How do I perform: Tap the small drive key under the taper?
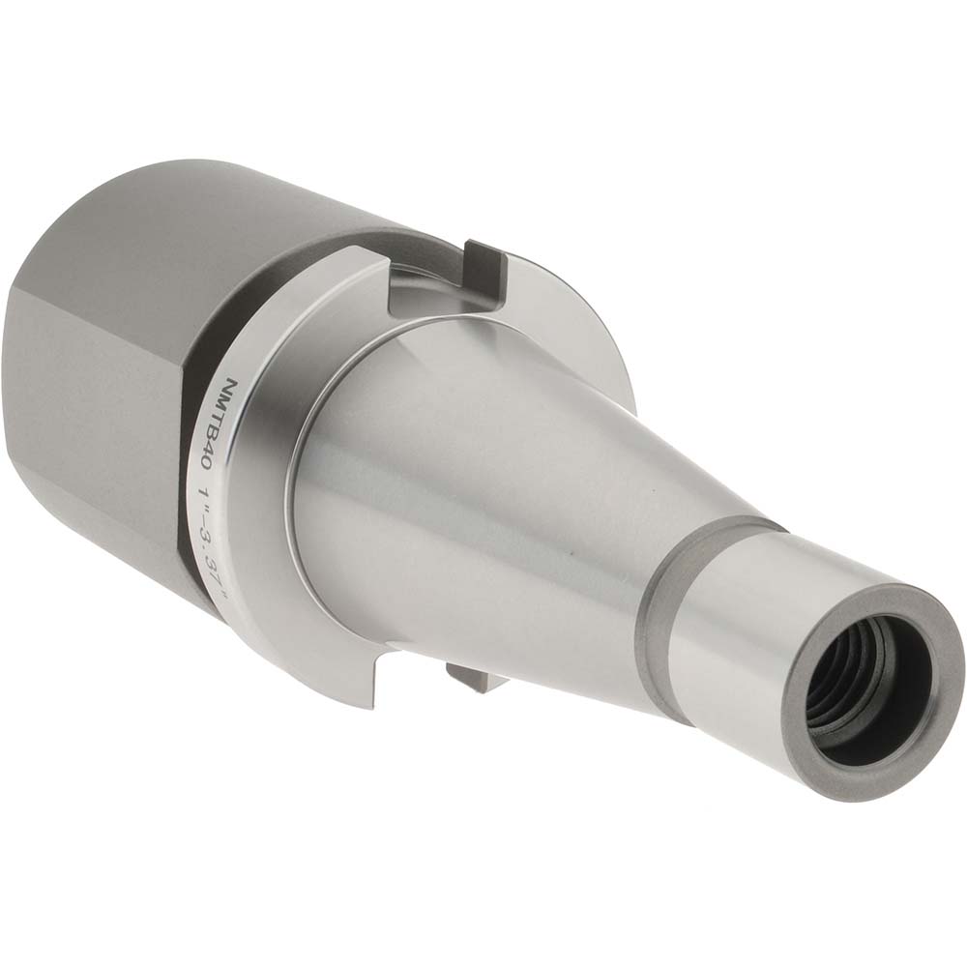(474, 677)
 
